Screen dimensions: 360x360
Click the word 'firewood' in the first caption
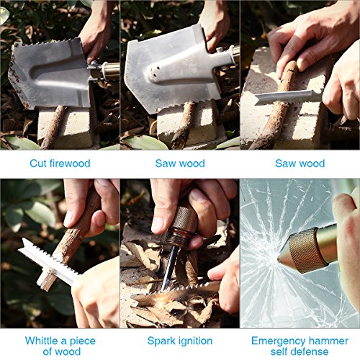(x=70, y=163)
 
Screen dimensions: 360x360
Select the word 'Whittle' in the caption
(x=41, y=341)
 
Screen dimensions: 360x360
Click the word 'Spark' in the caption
(x=161, y=341)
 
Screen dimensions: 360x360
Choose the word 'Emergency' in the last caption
(x=276, y=341)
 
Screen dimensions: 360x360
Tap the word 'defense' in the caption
(x=312, y=352)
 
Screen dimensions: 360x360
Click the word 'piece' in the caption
(x=82, y=341)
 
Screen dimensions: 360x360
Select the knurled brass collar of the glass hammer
(x=305, y=250)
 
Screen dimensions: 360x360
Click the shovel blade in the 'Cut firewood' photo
(x=49, y=74)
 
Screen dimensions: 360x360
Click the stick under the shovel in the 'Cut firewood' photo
(x=53, y=127)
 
